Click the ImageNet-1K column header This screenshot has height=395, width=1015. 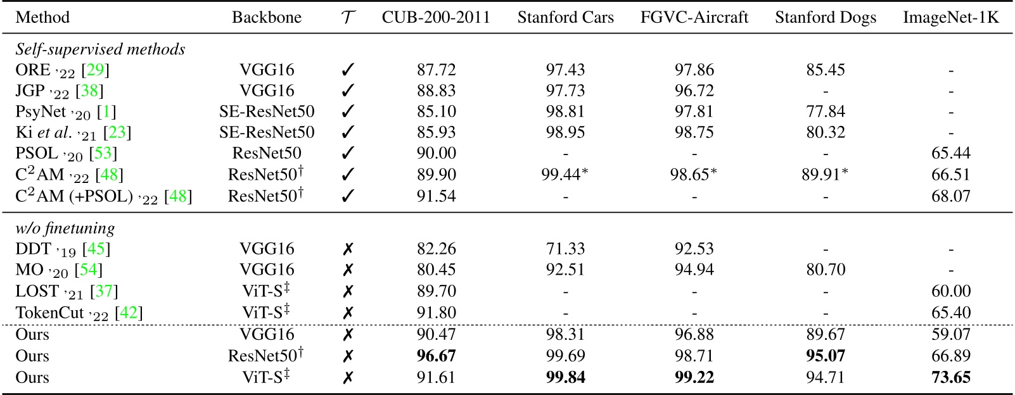click(x=950, y=17)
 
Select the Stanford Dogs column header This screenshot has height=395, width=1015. click(x=825, y=17)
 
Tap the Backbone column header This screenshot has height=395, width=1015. click(x=267, y=17)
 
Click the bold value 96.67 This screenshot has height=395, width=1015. click(x=436, y=356)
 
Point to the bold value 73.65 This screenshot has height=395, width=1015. click(x=950, y=377)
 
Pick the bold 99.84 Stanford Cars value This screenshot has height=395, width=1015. click(x=565, y=377)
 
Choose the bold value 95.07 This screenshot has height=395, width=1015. click(x=825, y=356)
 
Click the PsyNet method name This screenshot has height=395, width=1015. click(x=40, y=111)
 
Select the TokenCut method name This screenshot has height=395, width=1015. click(x=49, y=313)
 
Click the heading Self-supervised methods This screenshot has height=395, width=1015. click(x=100, y=49)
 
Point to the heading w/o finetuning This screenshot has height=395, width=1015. click(x=65, y=228)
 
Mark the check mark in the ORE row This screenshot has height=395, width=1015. click(x=347, y=70)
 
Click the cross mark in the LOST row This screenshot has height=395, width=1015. click(x=347, y=291)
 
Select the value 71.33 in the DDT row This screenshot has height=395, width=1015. click(x=565, y=249)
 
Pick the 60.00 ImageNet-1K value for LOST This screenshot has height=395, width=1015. click(x=950, y=291)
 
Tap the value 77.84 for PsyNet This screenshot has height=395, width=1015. click(x=825, y=111)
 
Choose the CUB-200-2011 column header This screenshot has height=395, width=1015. click(x=436, y=17)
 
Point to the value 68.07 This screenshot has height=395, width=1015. click(x=950, y=196)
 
